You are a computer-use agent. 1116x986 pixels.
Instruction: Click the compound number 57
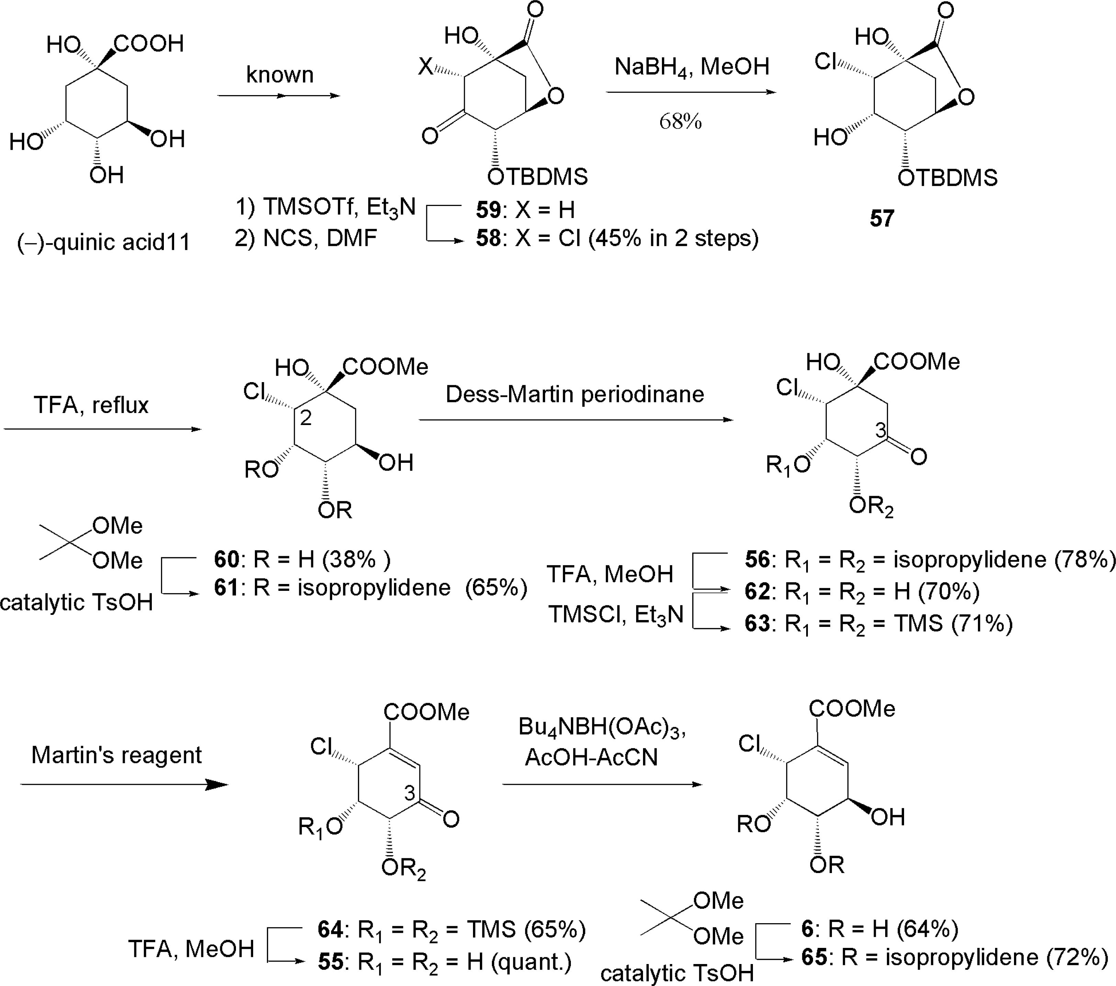click(x=882, y=218)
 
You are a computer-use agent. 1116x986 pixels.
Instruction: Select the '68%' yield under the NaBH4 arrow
click(x=680, y=121)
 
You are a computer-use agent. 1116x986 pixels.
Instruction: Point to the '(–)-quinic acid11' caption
click(x=104, y=242)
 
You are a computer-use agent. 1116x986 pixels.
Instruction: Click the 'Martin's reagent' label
click(x=116, y=755)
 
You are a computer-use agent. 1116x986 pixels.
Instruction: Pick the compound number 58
click(x=488, y=239)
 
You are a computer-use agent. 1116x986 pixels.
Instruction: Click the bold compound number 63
click(x=757, y=623)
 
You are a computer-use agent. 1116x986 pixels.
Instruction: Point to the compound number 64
click(x=330, y=929)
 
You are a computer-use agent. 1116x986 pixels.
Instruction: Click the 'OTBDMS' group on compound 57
click(x=948, y=178)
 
